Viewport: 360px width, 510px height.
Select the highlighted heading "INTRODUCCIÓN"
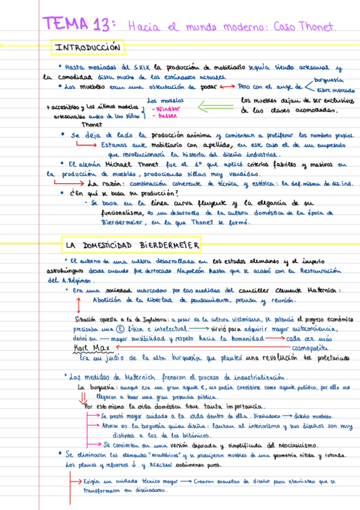pos(88,47)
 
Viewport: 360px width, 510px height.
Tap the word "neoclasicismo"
pos(298,446)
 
